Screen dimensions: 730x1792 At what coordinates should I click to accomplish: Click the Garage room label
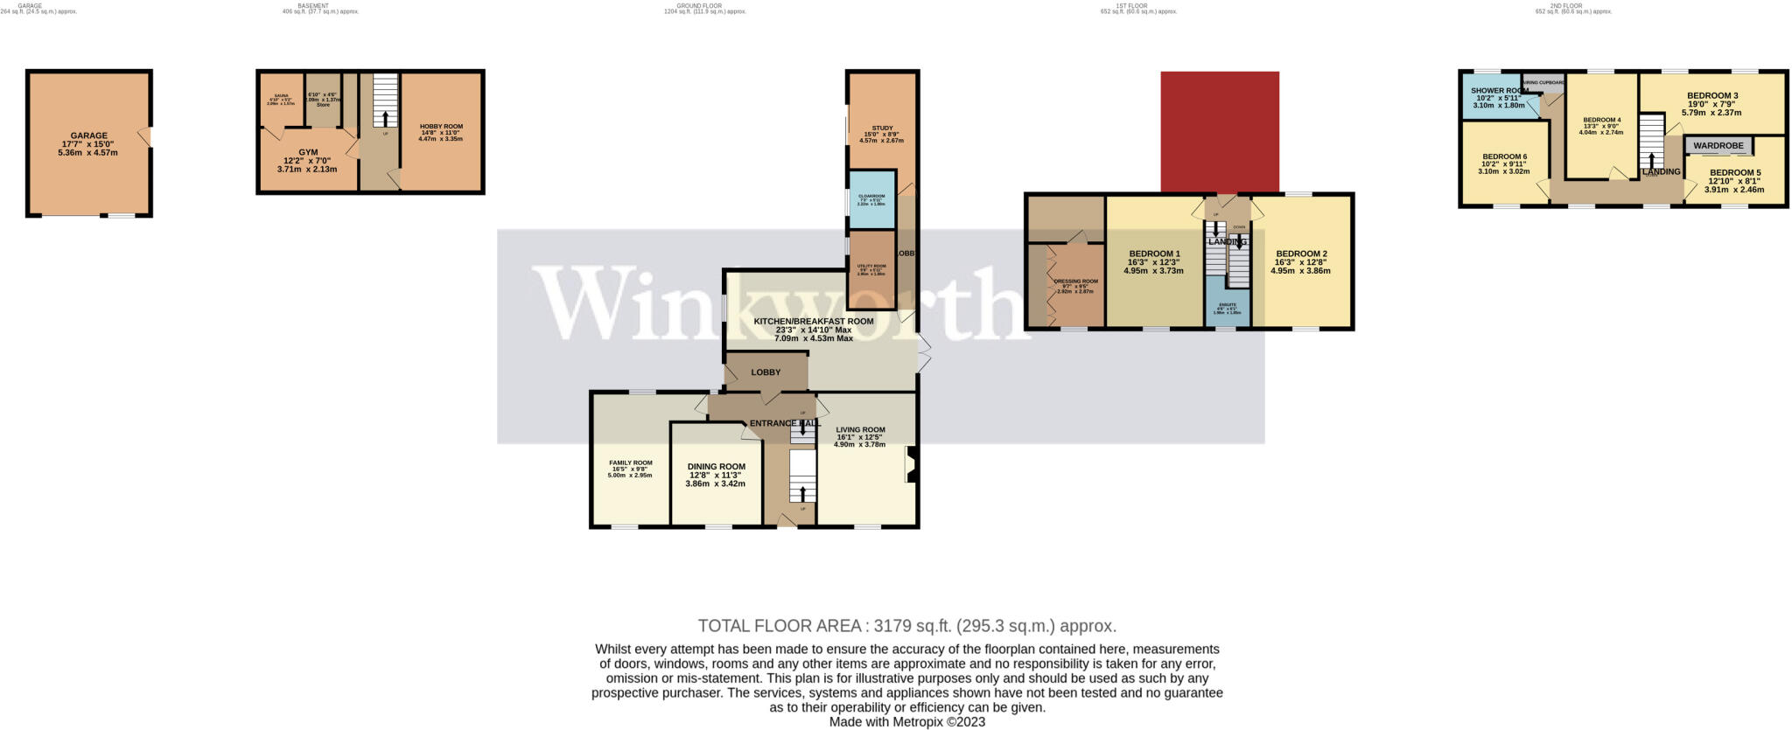(x=88, y=136)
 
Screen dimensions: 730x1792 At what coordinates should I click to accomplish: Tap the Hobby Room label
(x=441, y=127)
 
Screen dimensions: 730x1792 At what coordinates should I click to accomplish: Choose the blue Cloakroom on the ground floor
(x=871, y=200)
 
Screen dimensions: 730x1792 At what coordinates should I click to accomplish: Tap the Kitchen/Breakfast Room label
(x=814, y=322)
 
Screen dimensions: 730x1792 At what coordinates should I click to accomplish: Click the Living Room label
(x=860, y=430)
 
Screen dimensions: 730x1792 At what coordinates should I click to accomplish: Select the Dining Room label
(x=716, y=467)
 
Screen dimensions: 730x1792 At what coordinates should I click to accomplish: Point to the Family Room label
(x=630, y=463)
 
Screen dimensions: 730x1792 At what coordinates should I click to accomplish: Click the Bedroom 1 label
(x=1153, y=254)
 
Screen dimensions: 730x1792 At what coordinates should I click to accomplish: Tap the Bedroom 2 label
(x=1301, y=254)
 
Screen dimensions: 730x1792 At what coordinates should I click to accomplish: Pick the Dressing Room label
(x=1075, y=282)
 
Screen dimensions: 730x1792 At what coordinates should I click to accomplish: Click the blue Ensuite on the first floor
(x=1228, y=305)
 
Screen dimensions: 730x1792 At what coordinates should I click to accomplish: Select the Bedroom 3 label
(x=1711, y=96)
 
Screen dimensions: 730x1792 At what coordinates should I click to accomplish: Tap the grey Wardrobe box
(x=1718, y=146)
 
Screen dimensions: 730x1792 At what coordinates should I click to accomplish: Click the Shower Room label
(x=1499, y=91)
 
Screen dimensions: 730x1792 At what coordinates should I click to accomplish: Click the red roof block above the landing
(x=1220, y=131)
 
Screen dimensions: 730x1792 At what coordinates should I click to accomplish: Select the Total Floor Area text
(x=906, y=626)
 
